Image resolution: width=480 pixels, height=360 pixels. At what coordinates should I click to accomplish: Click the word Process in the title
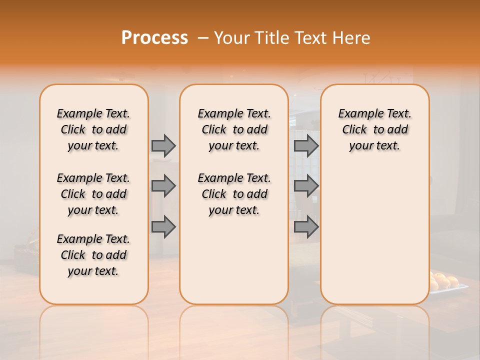pos(154,38)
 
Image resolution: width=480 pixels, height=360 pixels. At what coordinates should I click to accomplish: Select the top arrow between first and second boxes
pos(163,145)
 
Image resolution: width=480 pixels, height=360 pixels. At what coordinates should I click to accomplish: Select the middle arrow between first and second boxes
pos(163,186)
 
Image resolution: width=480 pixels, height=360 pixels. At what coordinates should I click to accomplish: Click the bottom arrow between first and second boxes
pos(163,227)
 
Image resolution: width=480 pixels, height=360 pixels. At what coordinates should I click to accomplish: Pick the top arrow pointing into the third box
pos(306,145)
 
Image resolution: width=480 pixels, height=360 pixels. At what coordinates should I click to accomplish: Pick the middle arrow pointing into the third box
pos(306,186)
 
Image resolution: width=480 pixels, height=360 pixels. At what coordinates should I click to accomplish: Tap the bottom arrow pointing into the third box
pos(306,227)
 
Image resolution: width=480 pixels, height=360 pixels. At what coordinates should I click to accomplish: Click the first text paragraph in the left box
pos(93,129)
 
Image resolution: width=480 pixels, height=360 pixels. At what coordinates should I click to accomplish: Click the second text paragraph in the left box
pos(93,194)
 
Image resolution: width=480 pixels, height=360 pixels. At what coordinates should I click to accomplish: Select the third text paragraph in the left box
pos(93,255)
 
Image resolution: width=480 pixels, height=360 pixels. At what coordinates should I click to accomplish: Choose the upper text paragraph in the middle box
pos(234,129)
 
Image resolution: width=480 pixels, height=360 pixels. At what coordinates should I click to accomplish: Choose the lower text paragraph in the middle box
pos(234,194)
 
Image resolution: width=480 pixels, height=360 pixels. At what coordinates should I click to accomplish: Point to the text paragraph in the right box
pos(374,129)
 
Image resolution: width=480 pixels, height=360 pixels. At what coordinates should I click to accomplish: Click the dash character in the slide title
pos(203,38)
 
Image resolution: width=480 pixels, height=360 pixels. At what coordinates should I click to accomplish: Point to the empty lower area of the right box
pos(374,230)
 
